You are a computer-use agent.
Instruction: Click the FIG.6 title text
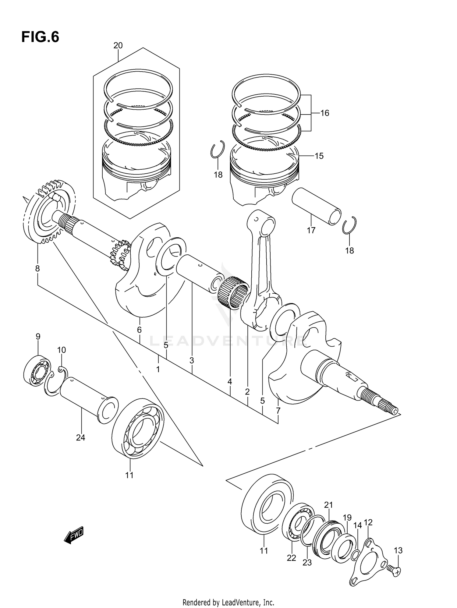(40, 37)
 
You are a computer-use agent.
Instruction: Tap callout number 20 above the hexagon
(118, 45)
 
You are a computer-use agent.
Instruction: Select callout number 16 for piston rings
(325, 113)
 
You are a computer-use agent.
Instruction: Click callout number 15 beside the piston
(319, 156)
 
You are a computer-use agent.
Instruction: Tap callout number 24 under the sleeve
(80, 438)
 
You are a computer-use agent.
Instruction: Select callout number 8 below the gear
(37, 269)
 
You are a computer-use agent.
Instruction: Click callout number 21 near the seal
(328, 505)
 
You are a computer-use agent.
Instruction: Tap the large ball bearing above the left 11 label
(138, 428)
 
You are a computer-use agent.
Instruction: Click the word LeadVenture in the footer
(241, 603)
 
